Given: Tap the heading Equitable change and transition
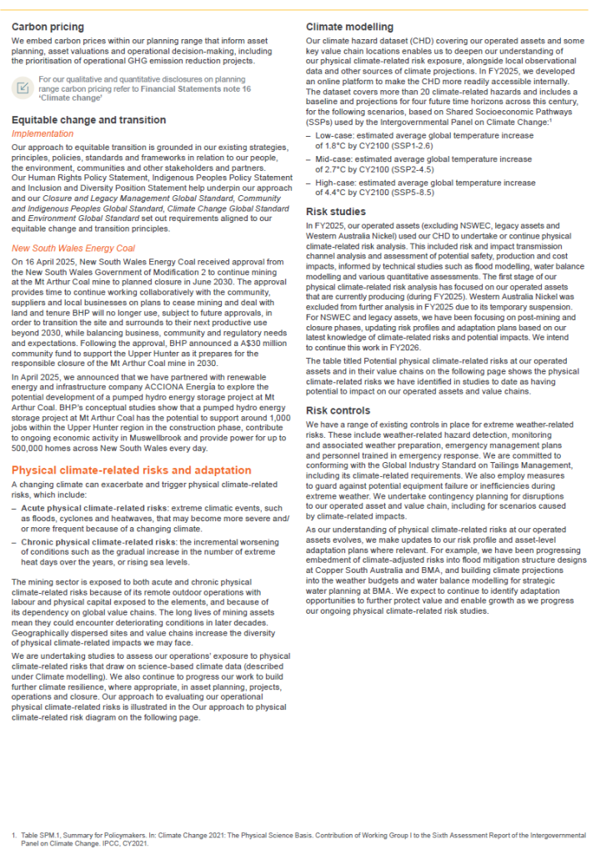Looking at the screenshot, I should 88,120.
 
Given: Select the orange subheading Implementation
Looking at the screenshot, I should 43,133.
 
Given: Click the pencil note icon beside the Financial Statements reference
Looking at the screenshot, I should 24,86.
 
